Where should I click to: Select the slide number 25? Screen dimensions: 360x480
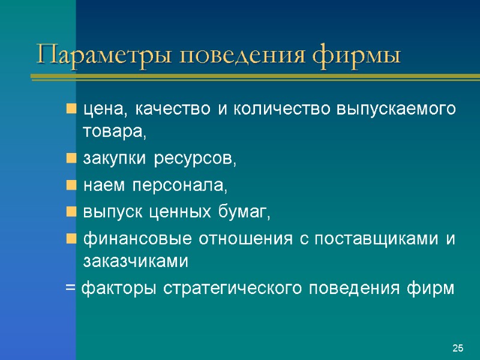(458, 348)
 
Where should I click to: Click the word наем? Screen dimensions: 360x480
(101, 186)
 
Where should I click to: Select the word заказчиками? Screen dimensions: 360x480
(136, 262)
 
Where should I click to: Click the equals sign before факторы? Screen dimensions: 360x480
(70, 289)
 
